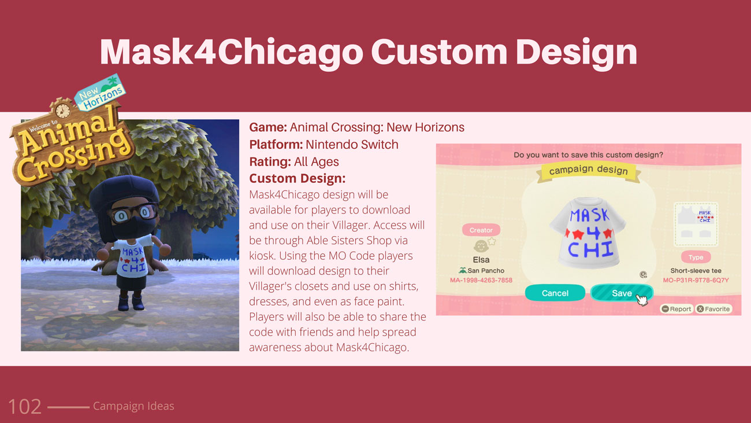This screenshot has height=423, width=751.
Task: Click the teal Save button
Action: [622, 293]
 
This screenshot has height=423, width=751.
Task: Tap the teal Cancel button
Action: [555, 293]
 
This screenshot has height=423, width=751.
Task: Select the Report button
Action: [676, 309]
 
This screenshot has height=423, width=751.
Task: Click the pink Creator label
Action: [481, 230]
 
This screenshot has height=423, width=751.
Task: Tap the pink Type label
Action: [696, 257]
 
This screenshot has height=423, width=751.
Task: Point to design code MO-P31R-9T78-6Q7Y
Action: [696, 280]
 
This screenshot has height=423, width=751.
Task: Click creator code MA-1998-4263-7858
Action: [481, 280]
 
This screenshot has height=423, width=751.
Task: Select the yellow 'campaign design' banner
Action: [589, 171]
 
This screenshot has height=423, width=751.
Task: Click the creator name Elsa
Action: [481, 259]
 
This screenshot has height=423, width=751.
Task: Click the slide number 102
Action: [24, 407]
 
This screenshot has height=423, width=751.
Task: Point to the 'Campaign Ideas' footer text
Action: [133, 406]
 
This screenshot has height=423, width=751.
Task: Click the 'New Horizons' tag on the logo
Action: [100, 93]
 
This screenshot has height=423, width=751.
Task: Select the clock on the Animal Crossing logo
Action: [62, 111]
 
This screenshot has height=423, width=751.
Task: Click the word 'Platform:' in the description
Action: [276, 145]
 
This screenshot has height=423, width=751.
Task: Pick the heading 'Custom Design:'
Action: [297, 178]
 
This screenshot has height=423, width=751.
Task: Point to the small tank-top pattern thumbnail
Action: [696, 225]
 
